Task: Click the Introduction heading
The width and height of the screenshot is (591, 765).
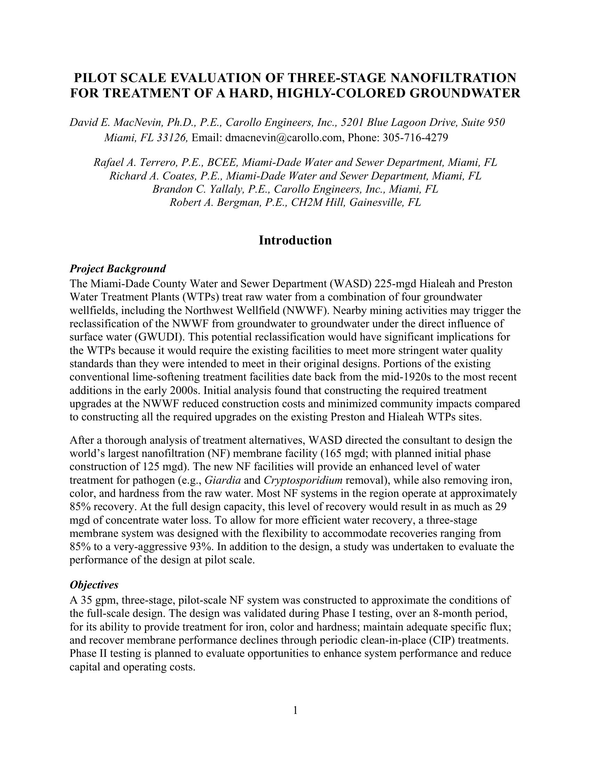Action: [x=295, y=241]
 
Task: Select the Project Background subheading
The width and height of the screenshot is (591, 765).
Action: [x=118, y=269]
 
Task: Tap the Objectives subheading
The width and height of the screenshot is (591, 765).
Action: [x=94, y=585]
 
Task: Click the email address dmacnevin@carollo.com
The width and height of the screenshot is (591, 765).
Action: [x=283, y=138]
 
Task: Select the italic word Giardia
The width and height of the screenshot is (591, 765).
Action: [x=222, y=480]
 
